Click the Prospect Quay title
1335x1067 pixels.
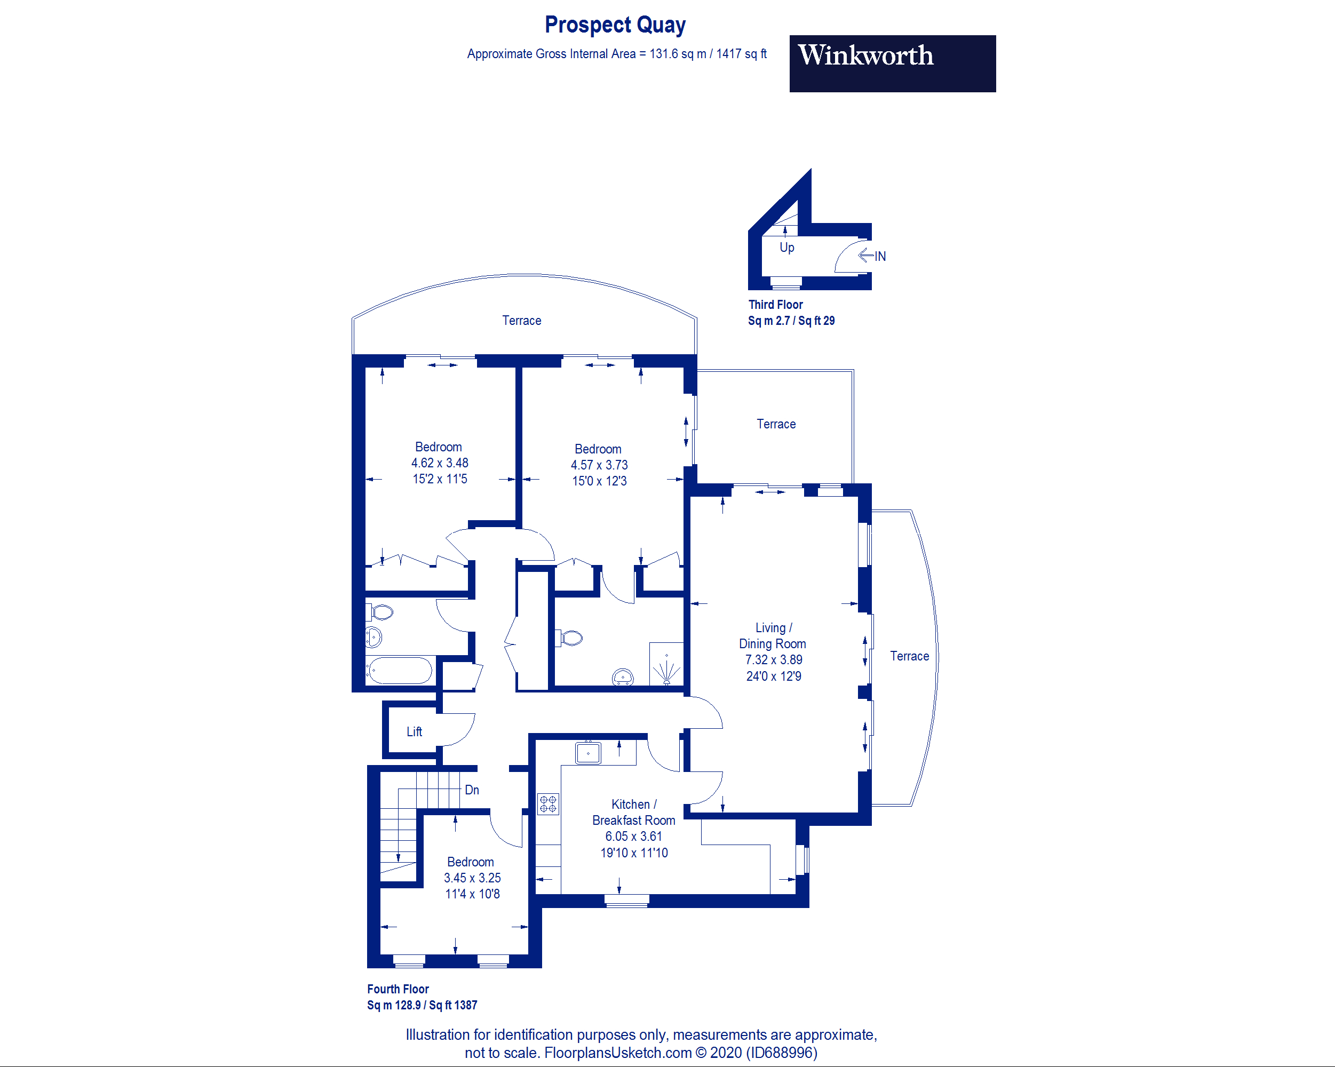coord(615,25)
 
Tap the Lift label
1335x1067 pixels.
coord(414,731)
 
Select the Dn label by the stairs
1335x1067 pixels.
coord(471,790)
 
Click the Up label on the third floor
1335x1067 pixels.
coord(786,247)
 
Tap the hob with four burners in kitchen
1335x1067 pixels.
coord(548,804)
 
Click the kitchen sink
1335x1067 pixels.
coord(587,753)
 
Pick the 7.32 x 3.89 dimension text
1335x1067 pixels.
coord(773,659)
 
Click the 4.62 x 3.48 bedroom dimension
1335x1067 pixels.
coord(439,463)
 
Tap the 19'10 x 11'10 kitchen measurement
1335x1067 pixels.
coord(633,853)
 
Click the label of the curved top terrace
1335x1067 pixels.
coord(521,320)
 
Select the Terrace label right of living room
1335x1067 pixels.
coord(909,656)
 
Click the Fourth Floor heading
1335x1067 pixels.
coord(398,989)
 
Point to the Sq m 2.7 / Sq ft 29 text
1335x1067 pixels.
coord(791,321)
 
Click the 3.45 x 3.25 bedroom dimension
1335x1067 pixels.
coord(472,878)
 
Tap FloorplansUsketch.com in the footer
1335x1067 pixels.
coord(617,1053)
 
